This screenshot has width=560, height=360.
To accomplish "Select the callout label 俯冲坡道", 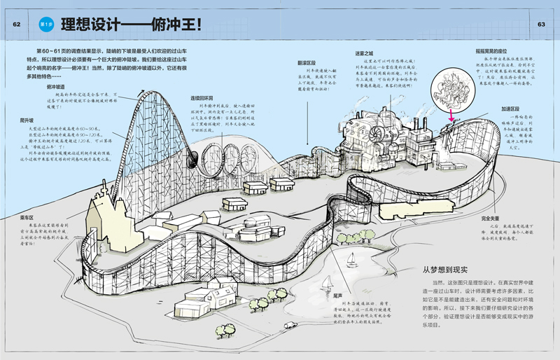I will point(60,87).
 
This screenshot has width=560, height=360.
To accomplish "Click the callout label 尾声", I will point(337,296).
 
